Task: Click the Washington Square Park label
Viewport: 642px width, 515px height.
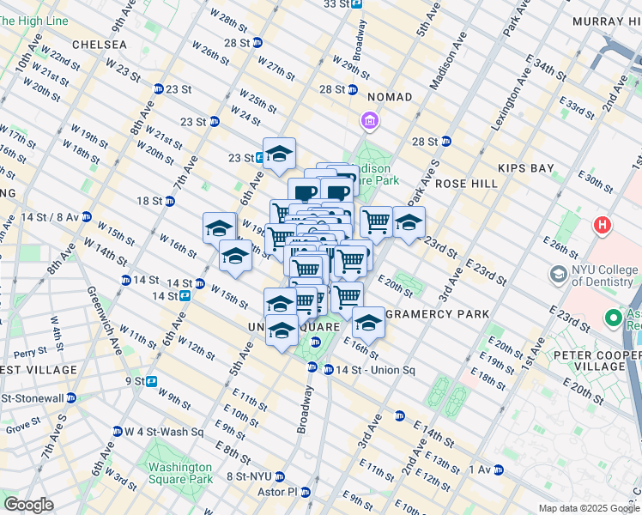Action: (x=179, y=473)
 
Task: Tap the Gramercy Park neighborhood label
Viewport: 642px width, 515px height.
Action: (x=438, y=314)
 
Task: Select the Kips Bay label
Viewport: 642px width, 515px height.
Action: (x=530, y=168)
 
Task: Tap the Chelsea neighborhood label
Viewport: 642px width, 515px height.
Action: (x=99, y=44)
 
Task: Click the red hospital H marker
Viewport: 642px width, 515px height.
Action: (x=603, y=227)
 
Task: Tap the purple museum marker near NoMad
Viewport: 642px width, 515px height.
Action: (x=370, y=121)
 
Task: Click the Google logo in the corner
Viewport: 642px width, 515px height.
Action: (x=28, y=505)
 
